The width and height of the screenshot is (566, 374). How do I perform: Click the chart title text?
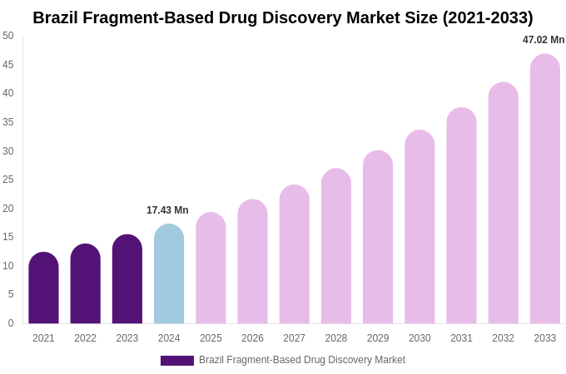click(x=283, y=17)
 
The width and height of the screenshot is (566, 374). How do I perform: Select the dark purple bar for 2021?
click(x=43, y=288)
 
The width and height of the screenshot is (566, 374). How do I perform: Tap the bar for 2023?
click(x=127, y=279)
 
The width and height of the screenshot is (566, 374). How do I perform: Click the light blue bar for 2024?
click(x=169, y=274)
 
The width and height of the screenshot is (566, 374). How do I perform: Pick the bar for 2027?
click(x=294, y=254)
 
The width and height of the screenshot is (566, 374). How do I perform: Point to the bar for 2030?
click(x=420, y=227)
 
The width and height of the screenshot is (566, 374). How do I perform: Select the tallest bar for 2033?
click(x=545, y=189)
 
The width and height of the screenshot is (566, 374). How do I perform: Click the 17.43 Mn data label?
click(x=167, y=210)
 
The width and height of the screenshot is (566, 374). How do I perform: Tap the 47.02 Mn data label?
click(x=544, y=40)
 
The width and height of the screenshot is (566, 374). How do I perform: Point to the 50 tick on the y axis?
click(x=8, y=36)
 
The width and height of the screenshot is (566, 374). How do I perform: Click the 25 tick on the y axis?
click(x=8, y=180)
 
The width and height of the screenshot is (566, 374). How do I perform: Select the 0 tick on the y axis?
click(x=11, y=323)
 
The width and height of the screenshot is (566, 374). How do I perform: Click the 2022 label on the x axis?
click(x=85, y=338)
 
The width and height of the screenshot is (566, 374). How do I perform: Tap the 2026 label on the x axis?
click(x=252, y=338)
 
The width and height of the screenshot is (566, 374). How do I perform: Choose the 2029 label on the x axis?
click(x=378, y=338)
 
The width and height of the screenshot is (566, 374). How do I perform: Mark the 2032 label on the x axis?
click(x=503, y=338)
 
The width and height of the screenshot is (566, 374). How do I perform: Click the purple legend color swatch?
click(x=176, y=361)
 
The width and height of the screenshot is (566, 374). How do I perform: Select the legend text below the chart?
click(x=302, y=360)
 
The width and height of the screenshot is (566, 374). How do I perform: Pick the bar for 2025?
click(x=211, y=268)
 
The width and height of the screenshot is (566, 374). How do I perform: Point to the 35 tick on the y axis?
click(x=8, y=122)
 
